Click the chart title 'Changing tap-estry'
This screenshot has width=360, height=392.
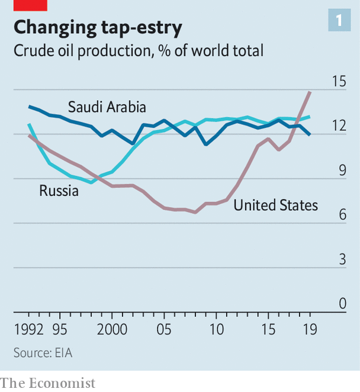(98, 27)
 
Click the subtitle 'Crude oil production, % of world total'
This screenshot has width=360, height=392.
(138, 51)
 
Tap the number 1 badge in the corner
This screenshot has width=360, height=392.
(339, 21)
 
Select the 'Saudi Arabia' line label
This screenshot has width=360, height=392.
(107, 107)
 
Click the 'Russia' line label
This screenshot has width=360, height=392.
(59, 191)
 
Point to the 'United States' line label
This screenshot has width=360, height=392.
(275, 205)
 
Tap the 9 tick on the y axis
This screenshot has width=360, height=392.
(342, 171)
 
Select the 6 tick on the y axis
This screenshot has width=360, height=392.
(342, 215)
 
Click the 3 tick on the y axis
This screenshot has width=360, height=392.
(342, 259)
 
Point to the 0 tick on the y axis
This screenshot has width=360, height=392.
(342, 304)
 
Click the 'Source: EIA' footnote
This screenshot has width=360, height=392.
(47, 352)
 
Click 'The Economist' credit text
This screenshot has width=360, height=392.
(47, 383)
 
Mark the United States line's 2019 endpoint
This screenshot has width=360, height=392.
(310, 92)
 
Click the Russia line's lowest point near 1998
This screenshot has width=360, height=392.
(91, 182)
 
